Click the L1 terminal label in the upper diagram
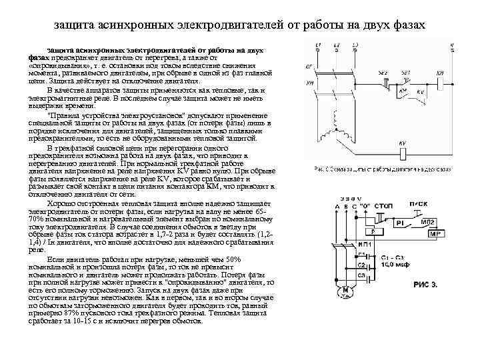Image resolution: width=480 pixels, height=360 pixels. [x=319, y=45]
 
